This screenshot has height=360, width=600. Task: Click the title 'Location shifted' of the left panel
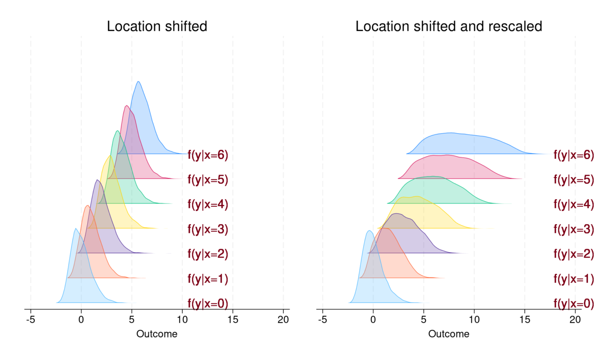(x=157, y=26)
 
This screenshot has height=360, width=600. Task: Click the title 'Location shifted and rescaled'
(x=449, y=26)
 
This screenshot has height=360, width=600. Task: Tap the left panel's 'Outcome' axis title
(x=157, y=334)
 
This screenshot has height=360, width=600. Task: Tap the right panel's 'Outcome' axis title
(x=449, y=334)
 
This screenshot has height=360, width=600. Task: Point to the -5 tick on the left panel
(x=30, y=320)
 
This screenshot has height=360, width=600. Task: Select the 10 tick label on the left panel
(x=182, y=320)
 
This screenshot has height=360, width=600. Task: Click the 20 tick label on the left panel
(x=283, y=320)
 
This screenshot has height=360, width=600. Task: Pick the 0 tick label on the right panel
(x=373, y=320)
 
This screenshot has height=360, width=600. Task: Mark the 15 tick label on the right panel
(x=525, y=320)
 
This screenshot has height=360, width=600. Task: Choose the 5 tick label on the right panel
(x=424, y=320)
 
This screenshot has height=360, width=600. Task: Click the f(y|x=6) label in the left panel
(x=208, y=155)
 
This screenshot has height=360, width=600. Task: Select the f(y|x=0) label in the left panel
(x=208, y=304)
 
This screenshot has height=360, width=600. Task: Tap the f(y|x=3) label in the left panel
(x=208, y=229)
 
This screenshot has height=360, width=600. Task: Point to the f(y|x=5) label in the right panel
(x=574, y=180)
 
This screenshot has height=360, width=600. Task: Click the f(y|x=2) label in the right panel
(x=574, y=254)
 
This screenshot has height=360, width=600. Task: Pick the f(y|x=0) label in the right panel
(x=574, y=304)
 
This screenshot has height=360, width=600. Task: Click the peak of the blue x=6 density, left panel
(x=138, y=82)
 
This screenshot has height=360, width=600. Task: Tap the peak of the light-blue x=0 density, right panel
(x=369, y=231)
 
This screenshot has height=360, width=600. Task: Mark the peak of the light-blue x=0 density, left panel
(x=75, y=228)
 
